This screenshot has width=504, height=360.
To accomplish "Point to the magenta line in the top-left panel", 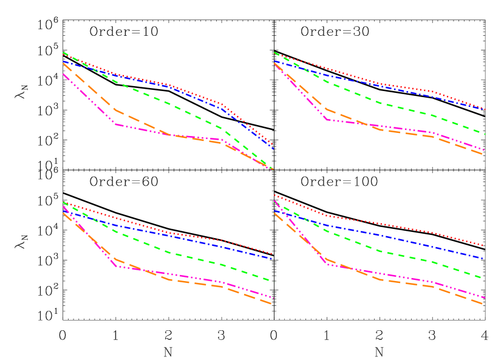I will [x=91, y=101].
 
